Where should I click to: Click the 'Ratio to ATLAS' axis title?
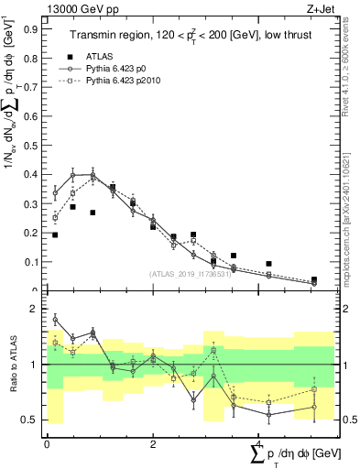[x=14, y=364]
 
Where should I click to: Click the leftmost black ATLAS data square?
[x=55, y=235]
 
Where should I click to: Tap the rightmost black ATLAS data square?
[x=314, y=279]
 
